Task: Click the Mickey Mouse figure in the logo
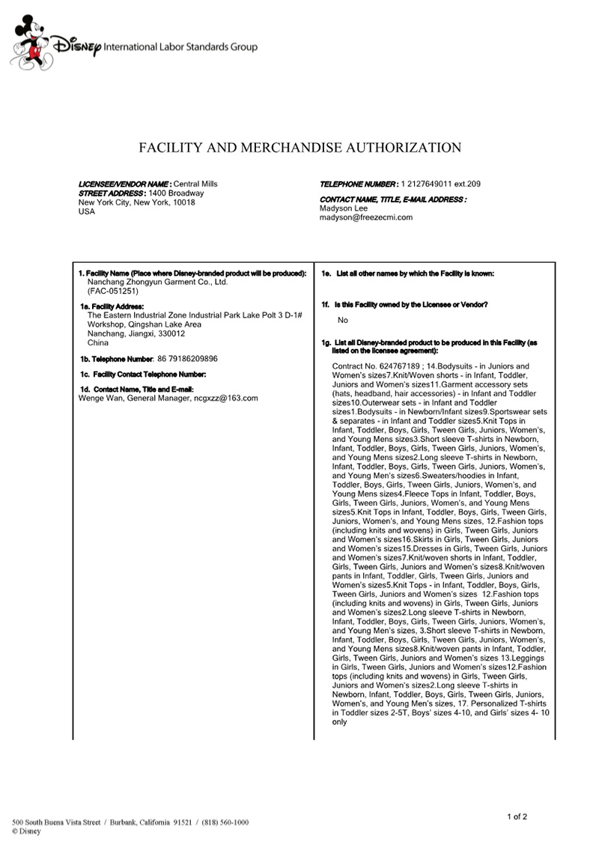tap(28, 44)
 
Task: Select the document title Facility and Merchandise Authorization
tap(299, 148)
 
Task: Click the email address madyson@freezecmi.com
tap(366, 217)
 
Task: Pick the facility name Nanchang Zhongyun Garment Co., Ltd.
tap(157, 282)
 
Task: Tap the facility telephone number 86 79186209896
tap(187, 359)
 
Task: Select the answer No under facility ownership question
tap(343, 320)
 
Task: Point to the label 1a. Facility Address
tap(112, 306)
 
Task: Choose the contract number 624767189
tap(402, 366)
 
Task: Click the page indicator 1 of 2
tap(517, 816)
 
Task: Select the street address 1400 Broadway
tap(177, 193)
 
